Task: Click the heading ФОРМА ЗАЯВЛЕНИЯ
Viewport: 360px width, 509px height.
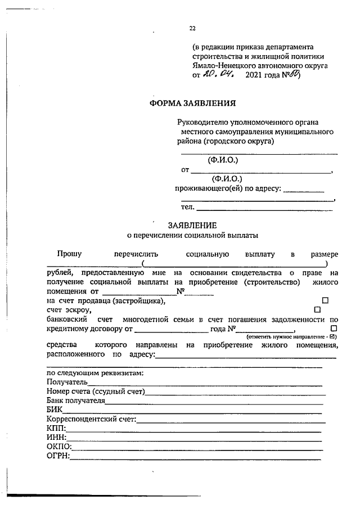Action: click(x=192, y=103)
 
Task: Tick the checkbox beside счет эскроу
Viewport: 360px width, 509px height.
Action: click(x=317, y=309)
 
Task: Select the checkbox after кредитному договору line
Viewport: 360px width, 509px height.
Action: click(x=334, y=327)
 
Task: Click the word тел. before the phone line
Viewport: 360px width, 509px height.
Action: click(x=187, y=208)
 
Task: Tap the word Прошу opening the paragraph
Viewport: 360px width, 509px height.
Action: click(x=69, y=254)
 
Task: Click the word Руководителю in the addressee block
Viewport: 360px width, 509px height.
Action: click(x=204, y=121)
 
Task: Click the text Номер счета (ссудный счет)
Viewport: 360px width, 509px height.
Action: click(x=96, y=391)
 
